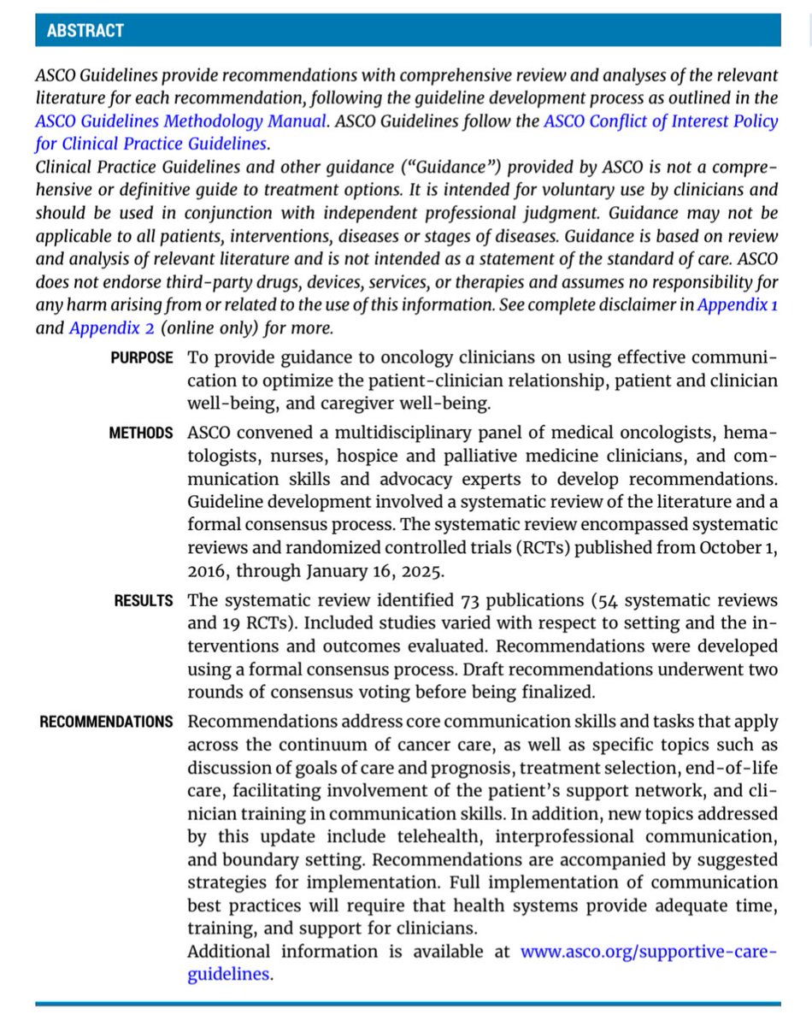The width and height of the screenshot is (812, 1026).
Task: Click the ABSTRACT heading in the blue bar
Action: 85,31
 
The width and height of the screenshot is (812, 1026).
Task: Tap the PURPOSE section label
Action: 141,358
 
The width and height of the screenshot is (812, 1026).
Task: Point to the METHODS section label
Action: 140,433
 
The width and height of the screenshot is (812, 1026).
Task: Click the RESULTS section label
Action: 143,601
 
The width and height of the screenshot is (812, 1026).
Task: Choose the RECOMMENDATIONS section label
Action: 106,722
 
